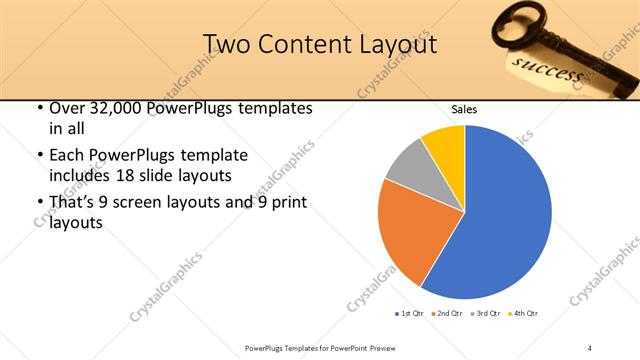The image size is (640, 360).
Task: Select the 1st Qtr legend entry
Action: (x=410, y=314)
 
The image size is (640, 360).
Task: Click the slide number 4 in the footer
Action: (x=590, y=348)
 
